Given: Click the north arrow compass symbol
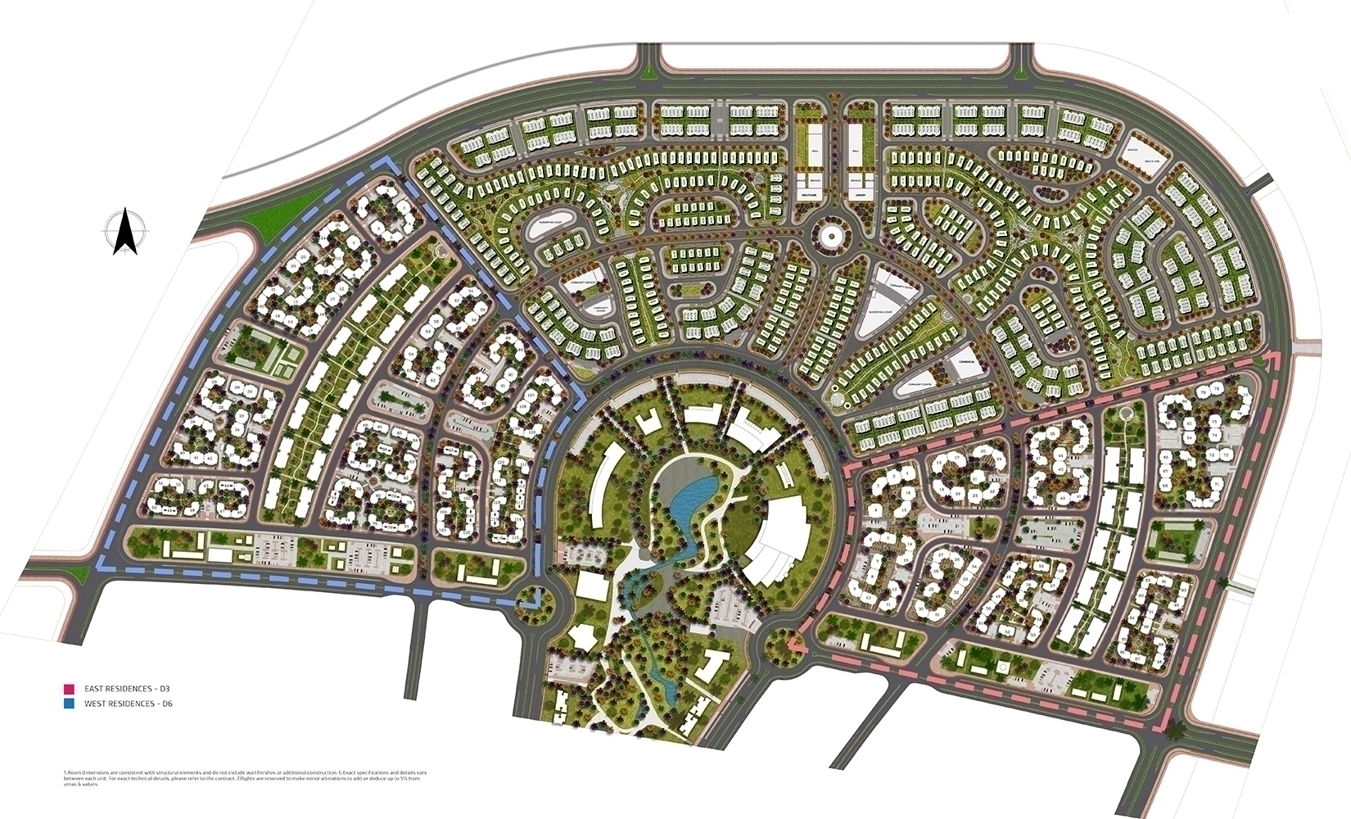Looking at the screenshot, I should point(124,232).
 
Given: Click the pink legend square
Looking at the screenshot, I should point(69,689).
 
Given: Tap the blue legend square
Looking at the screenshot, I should point(69,704).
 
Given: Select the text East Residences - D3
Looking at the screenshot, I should point(120,689).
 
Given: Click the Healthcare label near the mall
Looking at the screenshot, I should point(809,195).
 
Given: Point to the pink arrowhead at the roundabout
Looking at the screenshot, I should point(792,646).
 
